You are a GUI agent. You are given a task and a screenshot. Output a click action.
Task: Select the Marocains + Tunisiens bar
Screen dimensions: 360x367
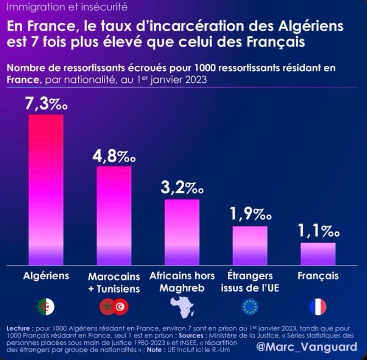click(x=114, y=215)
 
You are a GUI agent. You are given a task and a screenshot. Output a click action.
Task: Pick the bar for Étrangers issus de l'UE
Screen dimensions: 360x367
click(x=250, y=245)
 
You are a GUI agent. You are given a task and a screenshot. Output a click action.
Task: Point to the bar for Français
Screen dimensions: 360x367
click(x=318, y=253)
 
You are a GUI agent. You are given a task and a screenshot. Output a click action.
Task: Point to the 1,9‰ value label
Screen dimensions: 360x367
click(x=250, y=214)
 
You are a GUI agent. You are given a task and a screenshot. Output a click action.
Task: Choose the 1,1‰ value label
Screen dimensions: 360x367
click(x=318, y=233)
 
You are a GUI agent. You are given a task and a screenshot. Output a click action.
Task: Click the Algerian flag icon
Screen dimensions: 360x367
click(x=46, y=307)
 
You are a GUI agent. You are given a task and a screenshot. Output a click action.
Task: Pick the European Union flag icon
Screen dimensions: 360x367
click(x=250, y=307)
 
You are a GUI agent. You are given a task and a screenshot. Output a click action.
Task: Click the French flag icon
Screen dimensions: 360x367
click(x=318, y=307)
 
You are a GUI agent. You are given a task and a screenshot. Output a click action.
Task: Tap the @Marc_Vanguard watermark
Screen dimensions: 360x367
click(x=306, y=347)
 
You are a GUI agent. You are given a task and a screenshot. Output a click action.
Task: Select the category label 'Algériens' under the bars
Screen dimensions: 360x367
click(x=46, y=276)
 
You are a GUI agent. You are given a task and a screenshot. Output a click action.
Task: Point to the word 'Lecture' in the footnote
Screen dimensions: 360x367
click(x=20, y=328)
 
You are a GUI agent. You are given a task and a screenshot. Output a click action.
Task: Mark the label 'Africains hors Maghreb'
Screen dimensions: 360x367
click(x=182, y=282)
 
